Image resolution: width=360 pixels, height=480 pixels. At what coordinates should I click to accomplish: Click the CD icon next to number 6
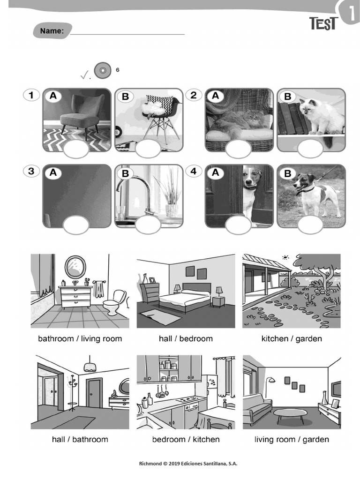pyautogui.click(x=102, y=71)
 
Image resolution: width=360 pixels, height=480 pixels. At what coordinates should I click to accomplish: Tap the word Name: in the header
pyautogui.click(x=52, y=31)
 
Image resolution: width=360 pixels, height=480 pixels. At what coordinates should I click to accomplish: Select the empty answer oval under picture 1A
pyautogui.click(x=76, y=150)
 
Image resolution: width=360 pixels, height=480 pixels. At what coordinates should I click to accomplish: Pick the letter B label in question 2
pyautogui.click(x=288, y=97)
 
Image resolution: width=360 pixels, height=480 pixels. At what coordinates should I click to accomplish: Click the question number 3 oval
pyautogui.click(x=31, y=171)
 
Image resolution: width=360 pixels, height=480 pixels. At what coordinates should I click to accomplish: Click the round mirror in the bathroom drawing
pyautogui.click(x=75, y=267)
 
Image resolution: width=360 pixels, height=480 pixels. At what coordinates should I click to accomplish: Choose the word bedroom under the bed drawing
pyautogui.click(x=196, y=338)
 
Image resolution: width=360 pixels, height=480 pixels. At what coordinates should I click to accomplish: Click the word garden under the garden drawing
pyautogui.click(x=308, y=338)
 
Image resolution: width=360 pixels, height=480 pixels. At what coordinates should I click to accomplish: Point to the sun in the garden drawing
pyautogui.click(x=285, y=257)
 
